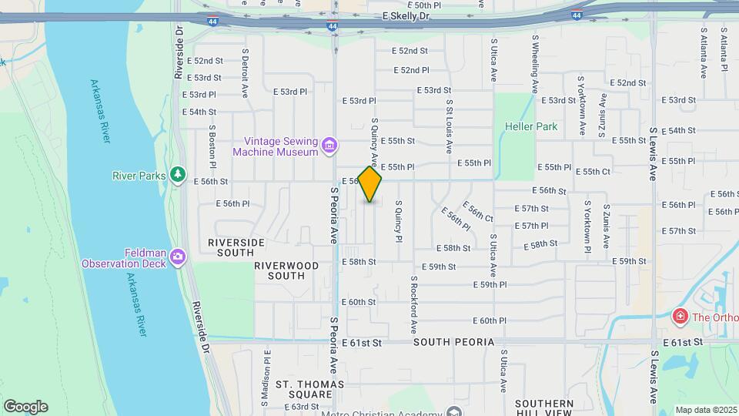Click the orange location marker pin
370,183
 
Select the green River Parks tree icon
178,175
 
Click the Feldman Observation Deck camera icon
178,257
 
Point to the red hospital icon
680,316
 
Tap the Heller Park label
531,126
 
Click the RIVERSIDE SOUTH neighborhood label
236,247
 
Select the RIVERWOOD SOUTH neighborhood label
286,270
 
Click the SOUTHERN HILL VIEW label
544,408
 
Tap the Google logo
25,406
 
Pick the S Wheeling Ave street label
534,59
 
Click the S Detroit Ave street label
245,73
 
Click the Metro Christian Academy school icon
454,412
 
